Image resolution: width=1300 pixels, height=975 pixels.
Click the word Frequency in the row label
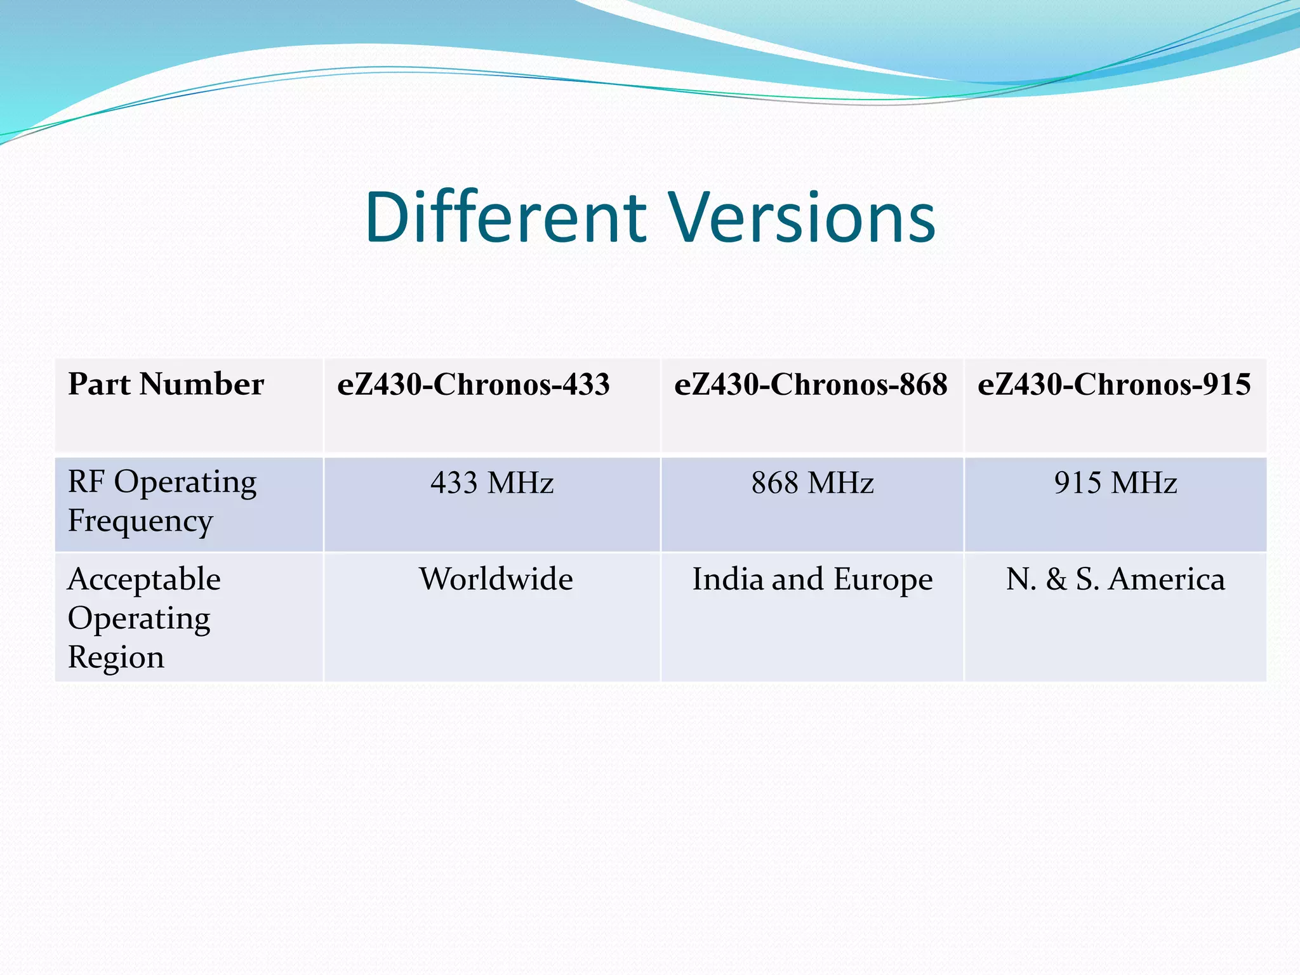(x=140, y=522)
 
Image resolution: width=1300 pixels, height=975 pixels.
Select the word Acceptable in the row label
(x=144, y=580)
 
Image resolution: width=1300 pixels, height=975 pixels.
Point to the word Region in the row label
(x=116, y=658)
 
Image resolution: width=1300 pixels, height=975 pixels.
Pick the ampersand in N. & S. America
(x=1056, y=580)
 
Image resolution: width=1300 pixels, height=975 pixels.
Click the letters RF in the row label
(x=86, y=482)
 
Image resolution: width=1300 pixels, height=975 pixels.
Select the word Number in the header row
(x=202, y=385)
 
